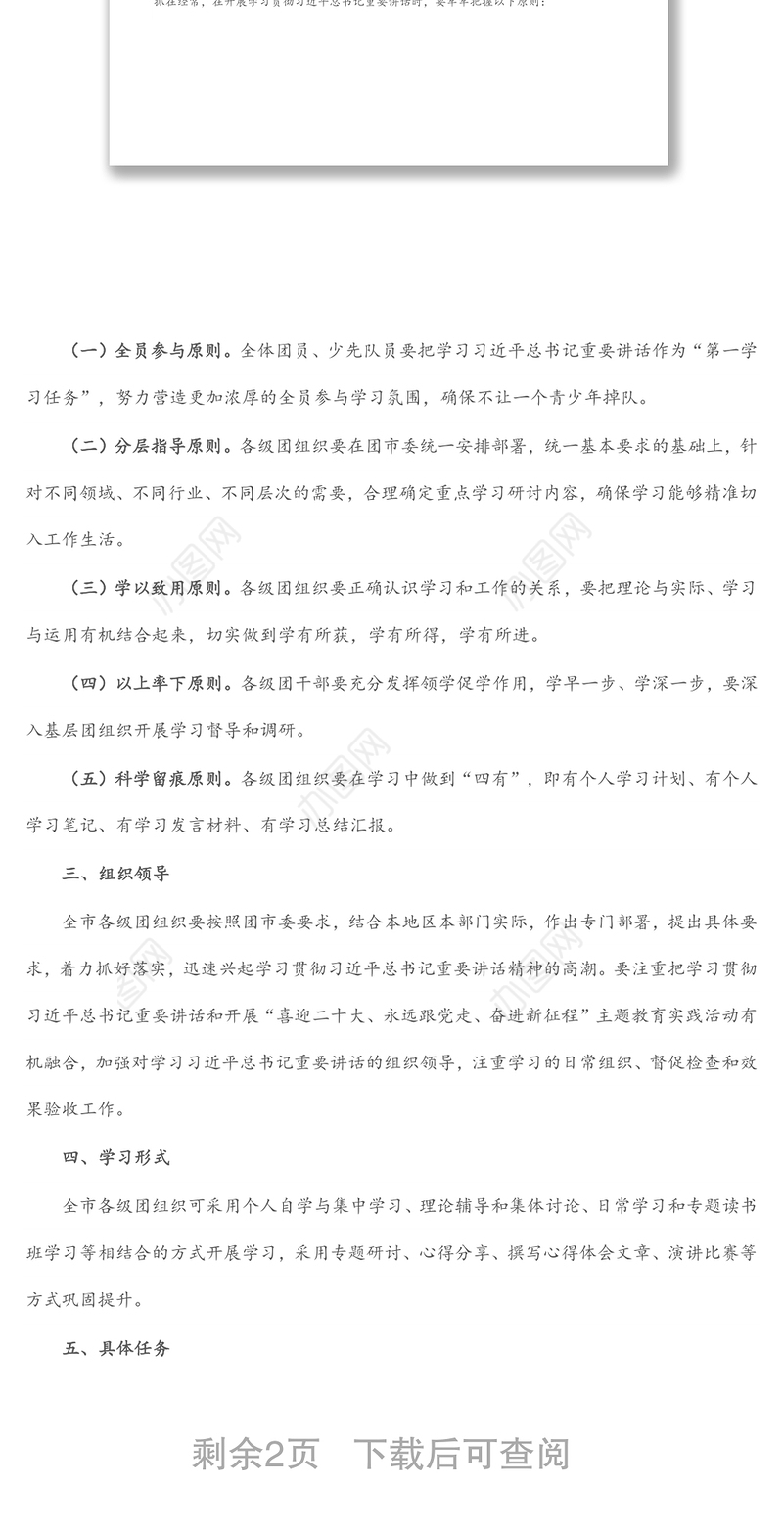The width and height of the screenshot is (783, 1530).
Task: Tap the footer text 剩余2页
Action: pyautogui.click(x=255, y=1454)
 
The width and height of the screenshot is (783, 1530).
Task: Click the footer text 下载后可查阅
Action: pyautogui.click(x=461, y=1454)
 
